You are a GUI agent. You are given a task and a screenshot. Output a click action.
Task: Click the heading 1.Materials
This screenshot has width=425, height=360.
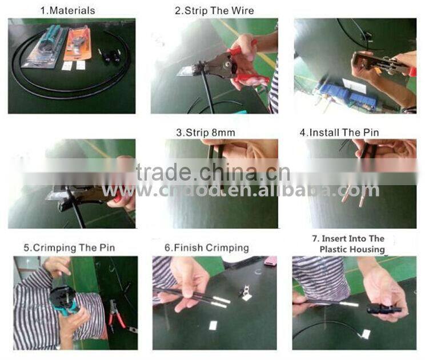(x=68, y=11)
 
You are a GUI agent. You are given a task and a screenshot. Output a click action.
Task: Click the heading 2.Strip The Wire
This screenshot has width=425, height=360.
(x=214, y=11)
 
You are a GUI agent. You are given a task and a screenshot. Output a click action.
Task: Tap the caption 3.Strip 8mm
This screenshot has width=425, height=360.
(x=206, y=133)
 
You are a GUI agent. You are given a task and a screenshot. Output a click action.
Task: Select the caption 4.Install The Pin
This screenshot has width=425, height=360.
(x=339, y=133)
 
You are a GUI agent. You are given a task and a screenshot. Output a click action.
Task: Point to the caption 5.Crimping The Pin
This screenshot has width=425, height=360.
(x=69, y=248)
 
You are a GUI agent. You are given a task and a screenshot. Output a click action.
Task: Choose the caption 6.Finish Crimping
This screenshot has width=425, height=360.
(x=207, y=248)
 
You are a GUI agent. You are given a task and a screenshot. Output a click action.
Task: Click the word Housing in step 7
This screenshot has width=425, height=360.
(x=369, y=249)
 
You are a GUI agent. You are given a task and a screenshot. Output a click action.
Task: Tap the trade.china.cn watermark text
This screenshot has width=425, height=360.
(x=213, y=172)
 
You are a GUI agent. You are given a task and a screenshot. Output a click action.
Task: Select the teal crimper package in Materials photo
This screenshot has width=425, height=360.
(x=45, y=46)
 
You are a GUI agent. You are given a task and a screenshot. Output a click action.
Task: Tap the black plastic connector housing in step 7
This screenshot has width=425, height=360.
(x=382, y=309)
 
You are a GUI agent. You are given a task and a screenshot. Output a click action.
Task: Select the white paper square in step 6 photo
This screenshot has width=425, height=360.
(x=214, y=325)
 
